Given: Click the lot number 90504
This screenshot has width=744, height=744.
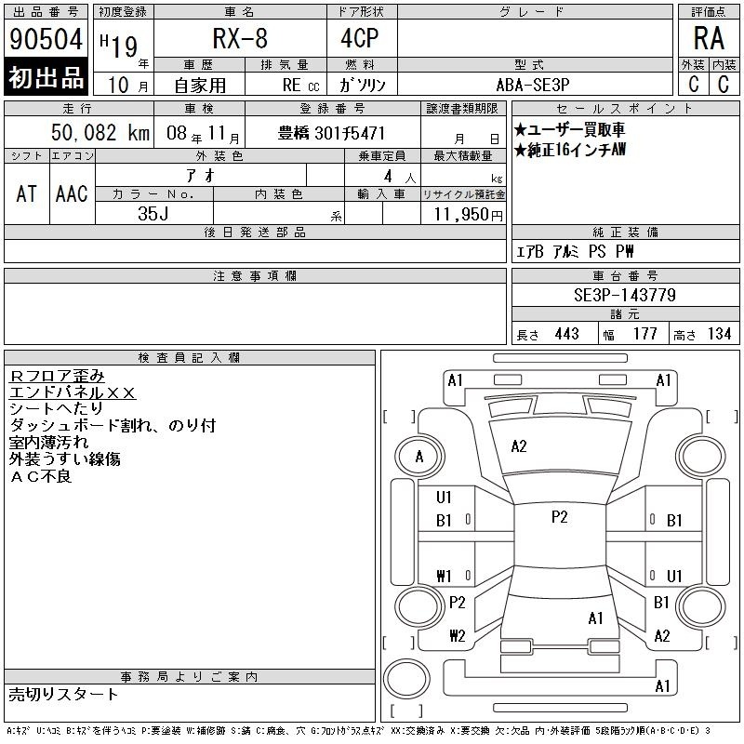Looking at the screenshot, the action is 46,38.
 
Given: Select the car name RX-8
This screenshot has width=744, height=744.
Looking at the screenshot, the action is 240,38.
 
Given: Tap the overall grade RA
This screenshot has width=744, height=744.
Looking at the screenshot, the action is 709,38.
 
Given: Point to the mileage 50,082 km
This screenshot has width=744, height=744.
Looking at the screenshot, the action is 100,133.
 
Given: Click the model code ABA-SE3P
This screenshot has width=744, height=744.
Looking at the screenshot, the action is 533,85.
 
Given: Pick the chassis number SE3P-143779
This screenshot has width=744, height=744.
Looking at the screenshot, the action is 625,295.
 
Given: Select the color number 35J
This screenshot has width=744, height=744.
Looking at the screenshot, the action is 153,214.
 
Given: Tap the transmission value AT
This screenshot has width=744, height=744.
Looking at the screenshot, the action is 27,193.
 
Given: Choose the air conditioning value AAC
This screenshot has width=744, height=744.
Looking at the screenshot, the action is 72,193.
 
